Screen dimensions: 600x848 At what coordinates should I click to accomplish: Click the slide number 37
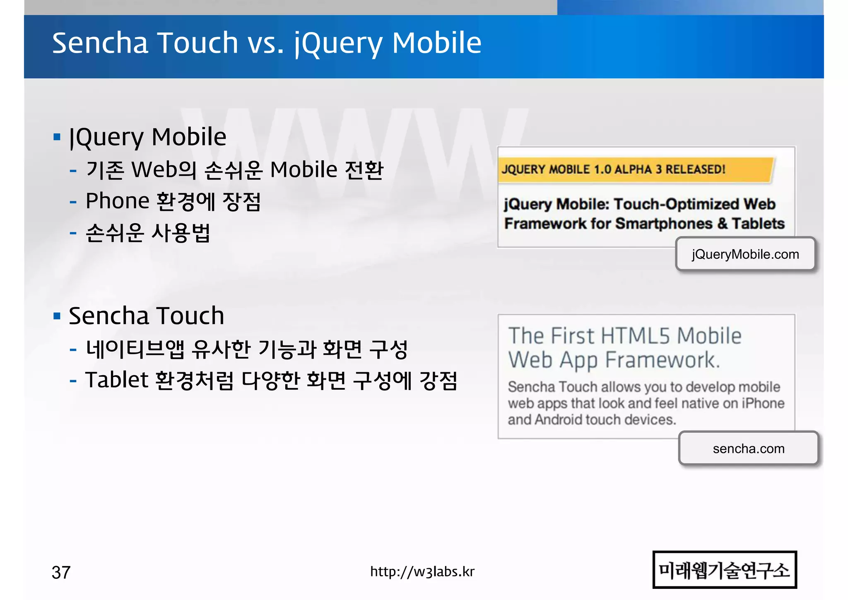point(61,573)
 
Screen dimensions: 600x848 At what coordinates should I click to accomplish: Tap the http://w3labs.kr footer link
point(422,572)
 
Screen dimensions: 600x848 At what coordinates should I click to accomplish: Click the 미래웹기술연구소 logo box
point(725,570)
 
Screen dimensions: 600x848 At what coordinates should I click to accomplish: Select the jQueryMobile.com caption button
point(745,254)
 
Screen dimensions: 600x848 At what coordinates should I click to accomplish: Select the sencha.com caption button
point(749,448)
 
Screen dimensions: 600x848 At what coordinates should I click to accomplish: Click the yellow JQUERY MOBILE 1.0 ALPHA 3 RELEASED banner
point(635,169)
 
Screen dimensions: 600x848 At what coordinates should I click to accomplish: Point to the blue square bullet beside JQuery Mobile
point(57,137)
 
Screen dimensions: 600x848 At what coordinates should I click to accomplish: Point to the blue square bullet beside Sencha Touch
point(57,316)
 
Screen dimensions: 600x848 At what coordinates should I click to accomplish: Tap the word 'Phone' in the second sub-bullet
point(117,201)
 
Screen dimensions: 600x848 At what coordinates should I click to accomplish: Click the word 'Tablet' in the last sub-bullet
point(116,380)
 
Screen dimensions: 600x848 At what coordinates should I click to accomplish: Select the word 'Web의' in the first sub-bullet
point(164,170)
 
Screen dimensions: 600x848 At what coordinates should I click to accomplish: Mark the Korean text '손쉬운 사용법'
point(148,233)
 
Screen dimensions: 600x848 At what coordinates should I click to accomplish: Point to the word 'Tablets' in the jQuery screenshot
point(758,224)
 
